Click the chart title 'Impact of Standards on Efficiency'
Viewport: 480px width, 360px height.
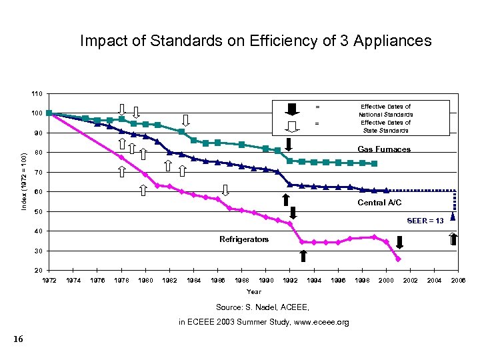click(255, 41)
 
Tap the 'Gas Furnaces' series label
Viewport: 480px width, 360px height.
click(384, 149)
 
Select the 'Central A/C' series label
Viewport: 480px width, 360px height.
click(379, 202)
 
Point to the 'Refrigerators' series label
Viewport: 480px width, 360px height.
click(244, 239)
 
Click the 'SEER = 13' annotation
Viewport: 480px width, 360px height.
click(425, 221)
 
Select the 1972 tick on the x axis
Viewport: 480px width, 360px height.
click(49, 281)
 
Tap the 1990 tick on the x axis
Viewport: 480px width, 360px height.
click(266, 281)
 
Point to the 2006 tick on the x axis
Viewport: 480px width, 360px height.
click(458, 281)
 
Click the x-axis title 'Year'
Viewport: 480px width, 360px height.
click(254, 291)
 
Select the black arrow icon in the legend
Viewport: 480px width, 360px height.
click(293, 109)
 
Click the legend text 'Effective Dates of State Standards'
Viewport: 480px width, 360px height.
click(386, 127)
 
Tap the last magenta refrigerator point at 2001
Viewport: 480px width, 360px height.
click(398, 259)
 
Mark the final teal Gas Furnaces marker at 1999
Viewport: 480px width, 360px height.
click(375, 163)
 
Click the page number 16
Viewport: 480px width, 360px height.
click(18, 340)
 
